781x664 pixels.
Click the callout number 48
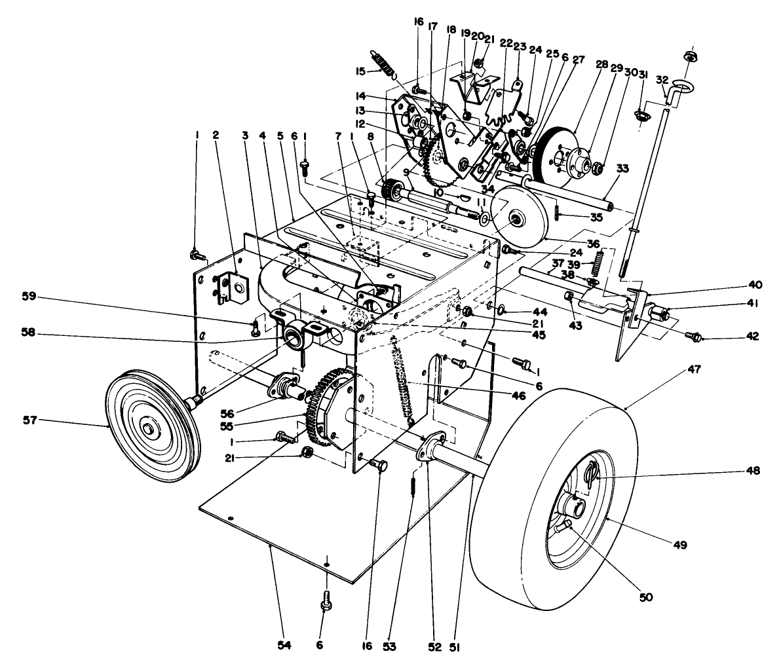[x=751, y=471]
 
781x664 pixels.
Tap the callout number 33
[x=622, y=168]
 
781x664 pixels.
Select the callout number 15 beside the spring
[x=360, y=71]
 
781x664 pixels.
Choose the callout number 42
[x=752, y=337]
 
